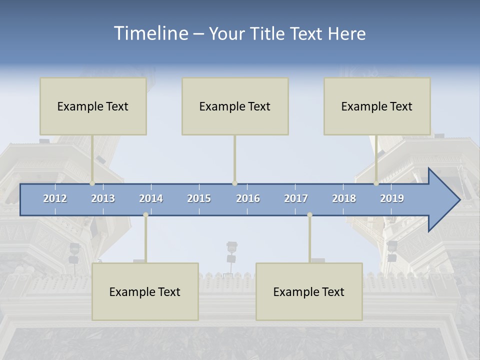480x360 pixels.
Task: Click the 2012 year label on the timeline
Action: [55, 198]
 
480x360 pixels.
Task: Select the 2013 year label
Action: [103, 198]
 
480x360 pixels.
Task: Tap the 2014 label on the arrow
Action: [151, 198]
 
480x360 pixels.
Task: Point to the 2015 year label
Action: [199, 198]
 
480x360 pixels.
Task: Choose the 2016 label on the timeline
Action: [248, 198]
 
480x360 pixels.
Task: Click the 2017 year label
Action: [296, 198]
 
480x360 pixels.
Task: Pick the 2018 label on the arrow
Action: [344, 198]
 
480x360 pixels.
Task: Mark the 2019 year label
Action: [392, 198]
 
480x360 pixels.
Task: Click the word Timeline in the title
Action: [150, 33]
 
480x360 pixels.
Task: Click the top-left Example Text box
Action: [93, 106]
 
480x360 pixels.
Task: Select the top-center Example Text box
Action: [235, 106]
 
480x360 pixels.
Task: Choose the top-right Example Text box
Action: [377, 106]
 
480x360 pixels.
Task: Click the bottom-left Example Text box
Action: [145, 291]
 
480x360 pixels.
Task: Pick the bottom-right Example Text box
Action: [309, 291]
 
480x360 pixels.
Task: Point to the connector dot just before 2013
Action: [92, 183]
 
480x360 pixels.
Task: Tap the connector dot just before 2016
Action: [234, 183]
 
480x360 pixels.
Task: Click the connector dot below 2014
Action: [145, 214]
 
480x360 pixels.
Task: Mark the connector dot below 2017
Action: [309, 214]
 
